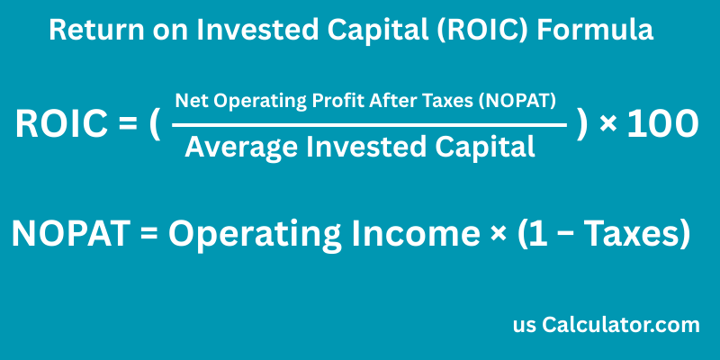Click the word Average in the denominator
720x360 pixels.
(x=238, y=147)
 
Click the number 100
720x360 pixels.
(x=662, y=125)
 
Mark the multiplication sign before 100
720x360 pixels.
(x=608, y=125)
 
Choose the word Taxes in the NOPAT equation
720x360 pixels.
(x=631, y=235)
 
